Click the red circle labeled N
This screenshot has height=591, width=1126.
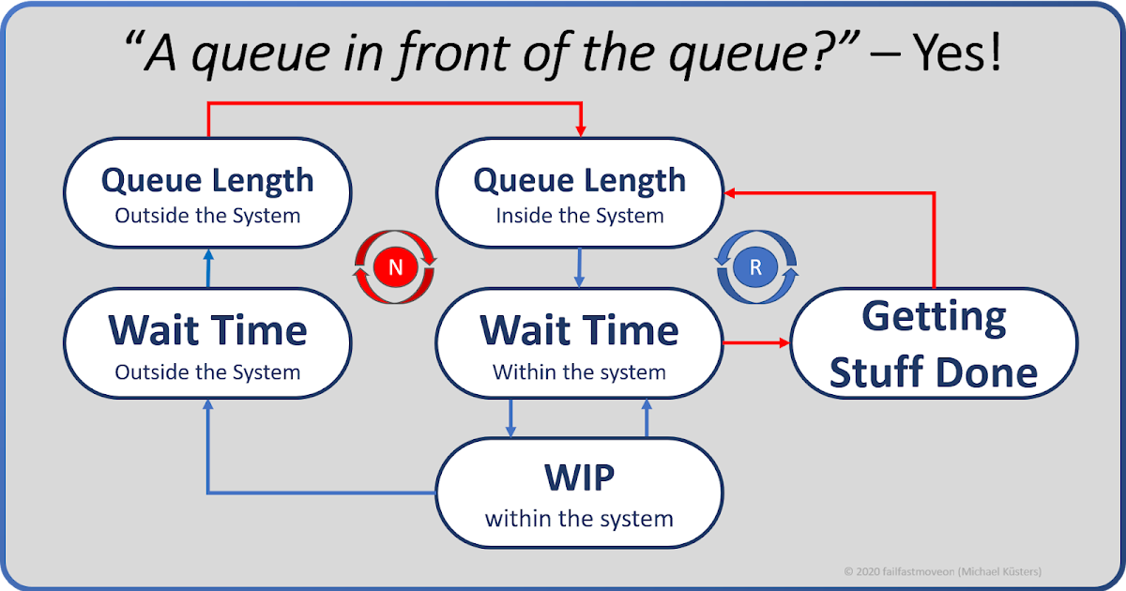tap(395, 267)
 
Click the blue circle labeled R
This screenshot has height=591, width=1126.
tap(756, 267)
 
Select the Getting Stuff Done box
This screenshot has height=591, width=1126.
tap(934, 344)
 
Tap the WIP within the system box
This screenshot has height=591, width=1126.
tap(580, 492)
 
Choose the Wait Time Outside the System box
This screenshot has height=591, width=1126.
tap(207, 344)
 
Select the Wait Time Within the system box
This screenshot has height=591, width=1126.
tap(580, 344)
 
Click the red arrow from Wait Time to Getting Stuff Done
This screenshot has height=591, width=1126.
tap(755, 343)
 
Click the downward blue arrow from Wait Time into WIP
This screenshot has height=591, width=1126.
tap(511, 418)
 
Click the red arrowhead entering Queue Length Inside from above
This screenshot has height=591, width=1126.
tap(582, 130)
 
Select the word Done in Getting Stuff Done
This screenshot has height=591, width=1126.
tap(985, 372)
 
